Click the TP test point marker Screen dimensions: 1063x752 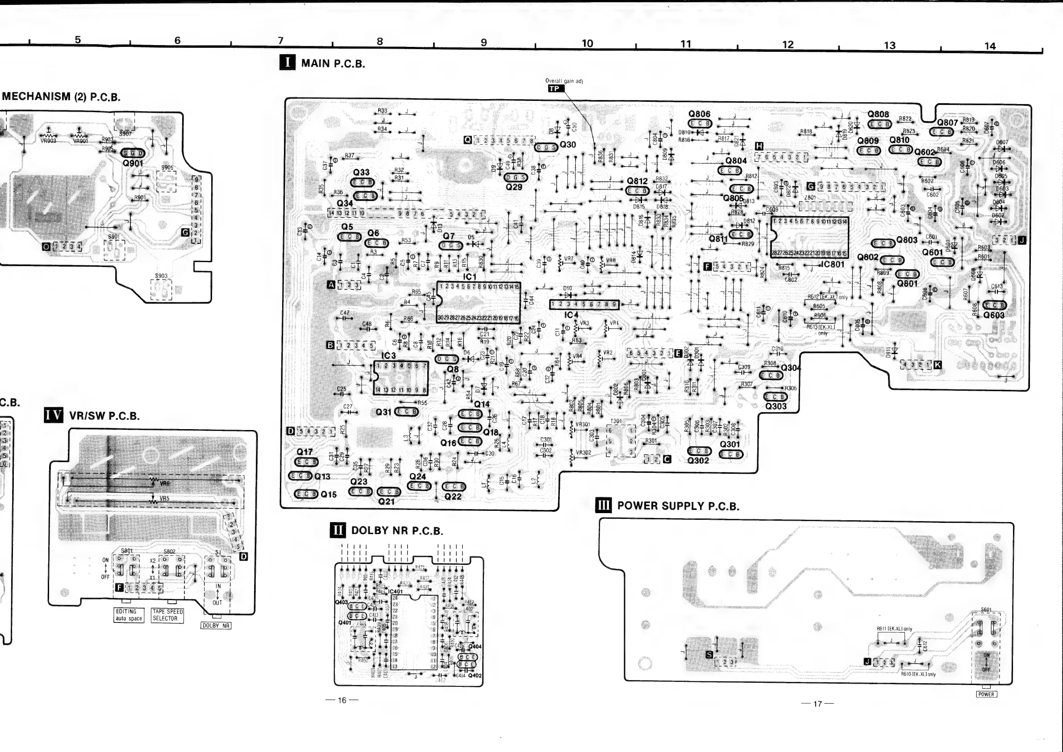(x=555, y=88)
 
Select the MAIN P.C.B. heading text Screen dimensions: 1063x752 (x=333, y=63)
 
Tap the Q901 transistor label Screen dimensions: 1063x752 (x=133, y=163)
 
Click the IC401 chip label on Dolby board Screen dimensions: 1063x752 (x=396, y=591)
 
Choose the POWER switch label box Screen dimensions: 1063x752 (x=986, y=694)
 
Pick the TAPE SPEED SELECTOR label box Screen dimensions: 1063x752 (x=167, y=615)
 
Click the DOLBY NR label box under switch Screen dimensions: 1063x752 (x=216, y=626)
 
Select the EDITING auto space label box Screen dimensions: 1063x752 (x=129, y=615)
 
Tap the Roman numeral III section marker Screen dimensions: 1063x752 (x=603, y=505)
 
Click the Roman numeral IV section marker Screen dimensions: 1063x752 (x=54, y=415)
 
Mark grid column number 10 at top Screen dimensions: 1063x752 (x=587, y=43)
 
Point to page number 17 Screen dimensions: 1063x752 (x=817, y=704)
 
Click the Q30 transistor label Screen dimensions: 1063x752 (x=568, y=145)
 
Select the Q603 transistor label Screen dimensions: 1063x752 (x=994, y=315)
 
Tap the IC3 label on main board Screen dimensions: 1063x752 (x=388, y=355)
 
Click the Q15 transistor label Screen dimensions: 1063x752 (x=329, y=494)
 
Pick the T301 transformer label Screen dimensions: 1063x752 (x=616, y=422)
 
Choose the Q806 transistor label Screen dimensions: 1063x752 (x=699, y=114)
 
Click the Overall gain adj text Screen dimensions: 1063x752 (x=564, y=81)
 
